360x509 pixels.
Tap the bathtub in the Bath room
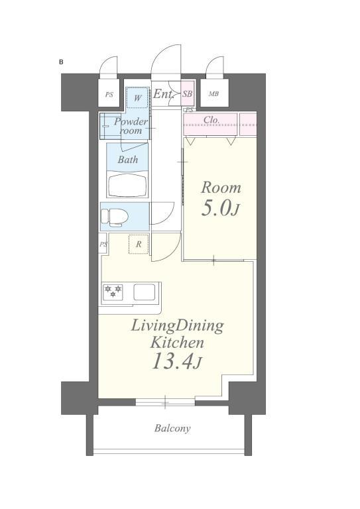pyautogui.click(x=127, y=186)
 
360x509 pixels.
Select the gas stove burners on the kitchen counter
pyautogui.click(x=113, y=292)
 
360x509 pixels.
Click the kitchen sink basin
pyautogui.click(x=144, y=292)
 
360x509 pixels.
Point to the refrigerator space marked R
pyautogui.click(x=139, y=244)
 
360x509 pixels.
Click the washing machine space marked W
pyautogui.click(x=138, y=98)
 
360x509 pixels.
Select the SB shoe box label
pyautogui.click(x=188, y=94)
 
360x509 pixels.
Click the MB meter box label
pyautogui.click(x=213, y=94)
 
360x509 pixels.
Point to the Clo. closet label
pyautogui.click(x=211, y=120)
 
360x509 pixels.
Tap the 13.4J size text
pyautogui.click(x=177, y=362)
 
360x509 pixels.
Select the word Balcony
pyautogui.click(x=172, y=429)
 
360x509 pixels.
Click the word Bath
pyautogui.click(x=127, y=160)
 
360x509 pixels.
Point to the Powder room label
pyautogui.click(x=131, y=126)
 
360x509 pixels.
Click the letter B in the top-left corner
pyautogui.click(x=61, y=62)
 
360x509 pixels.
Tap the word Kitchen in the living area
pyautogui.click(x=177, y=343)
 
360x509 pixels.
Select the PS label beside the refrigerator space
pyautogui.click(x=103, y=244)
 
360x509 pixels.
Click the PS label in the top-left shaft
pyautogui.click(x=109, y=95)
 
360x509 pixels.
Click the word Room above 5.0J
pyautogui.click(x=221, y=188)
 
